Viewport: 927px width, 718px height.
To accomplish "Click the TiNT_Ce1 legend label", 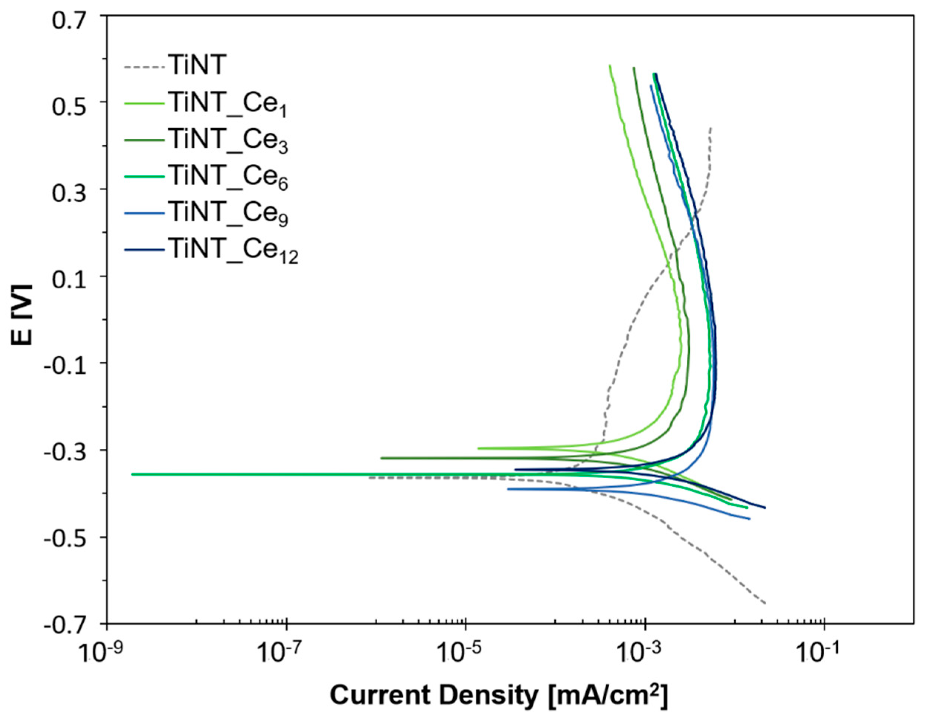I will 228,104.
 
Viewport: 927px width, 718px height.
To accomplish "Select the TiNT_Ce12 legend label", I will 234,250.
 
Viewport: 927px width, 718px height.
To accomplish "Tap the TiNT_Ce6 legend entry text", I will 228,177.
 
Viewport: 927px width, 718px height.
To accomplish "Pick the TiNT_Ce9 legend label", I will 228,213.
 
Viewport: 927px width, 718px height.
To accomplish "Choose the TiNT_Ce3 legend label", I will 228,141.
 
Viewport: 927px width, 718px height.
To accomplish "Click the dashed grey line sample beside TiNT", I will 144,67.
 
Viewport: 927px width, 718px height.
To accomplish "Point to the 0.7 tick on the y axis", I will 72,20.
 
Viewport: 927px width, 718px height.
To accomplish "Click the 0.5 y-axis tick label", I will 72,107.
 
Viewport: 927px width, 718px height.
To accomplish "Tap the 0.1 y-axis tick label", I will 72,281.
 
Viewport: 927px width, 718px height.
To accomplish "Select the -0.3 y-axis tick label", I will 68,454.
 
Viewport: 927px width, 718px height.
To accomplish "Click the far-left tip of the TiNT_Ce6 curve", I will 132,474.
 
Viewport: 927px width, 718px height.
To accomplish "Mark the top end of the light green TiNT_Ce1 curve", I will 610,65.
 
